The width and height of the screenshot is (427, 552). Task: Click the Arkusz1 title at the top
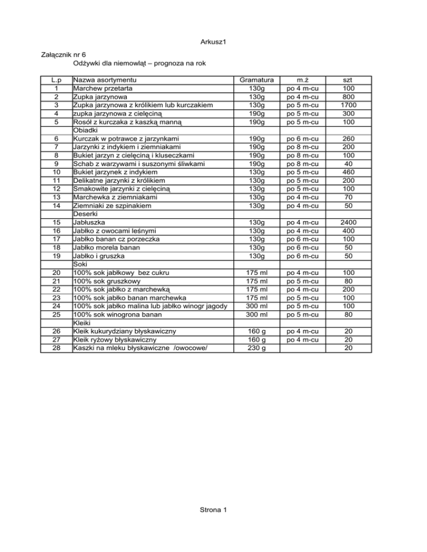point(213,43)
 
